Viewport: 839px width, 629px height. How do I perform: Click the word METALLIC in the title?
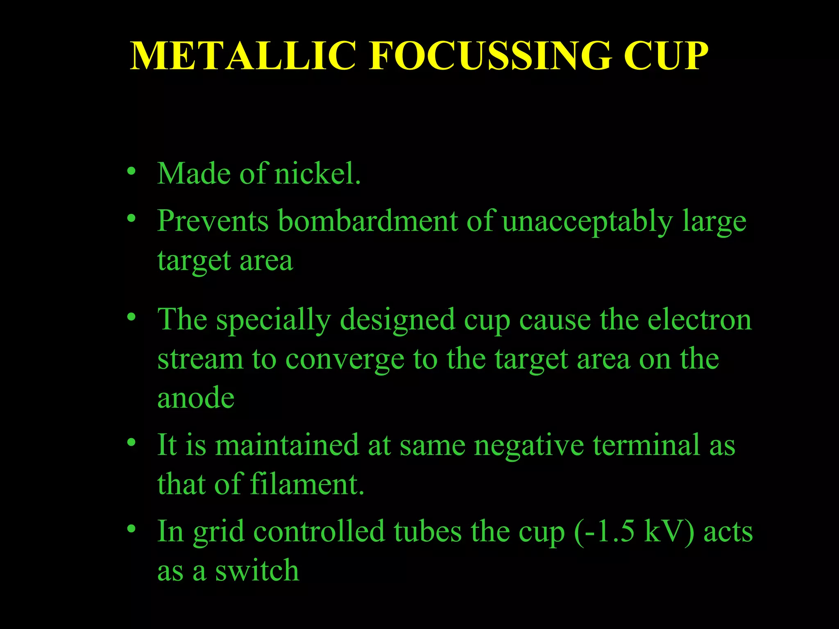pyautogui.click(x=243, y=56)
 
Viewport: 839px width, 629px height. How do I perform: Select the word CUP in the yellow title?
pyautogui.click(x=666, y=56)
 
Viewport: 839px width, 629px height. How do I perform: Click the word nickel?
pyautogui.click(x=317, y=174)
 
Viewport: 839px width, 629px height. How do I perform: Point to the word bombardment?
pyautogui.click(x=367, y=221)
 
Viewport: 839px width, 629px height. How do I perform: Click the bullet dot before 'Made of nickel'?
pyautogui.click(x=131, y=171)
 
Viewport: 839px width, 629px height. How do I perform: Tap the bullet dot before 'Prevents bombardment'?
pyautogui.click(x=131, y=219)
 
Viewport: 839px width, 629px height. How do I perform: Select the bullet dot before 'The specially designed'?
pyautogui.click(x=131, y=317)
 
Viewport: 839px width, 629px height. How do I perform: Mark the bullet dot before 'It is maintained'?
pyautogui.click(x=131, y=443)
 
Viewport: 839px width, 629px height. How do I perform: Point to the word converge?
pyautogui.click(x=345, y=360)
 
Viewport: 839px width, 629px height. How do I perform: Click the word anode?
pyautogui.click(x=196, y=398)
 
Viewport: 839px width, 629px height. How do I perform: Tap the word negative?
pyautogui.click(x=528, y=445)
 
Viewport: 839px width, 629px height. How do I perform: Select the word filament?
pyautogui.click(x=307, y=484)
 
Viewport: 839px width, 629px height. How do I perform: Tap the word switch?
pyautogui.click(x=257, y=570)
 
